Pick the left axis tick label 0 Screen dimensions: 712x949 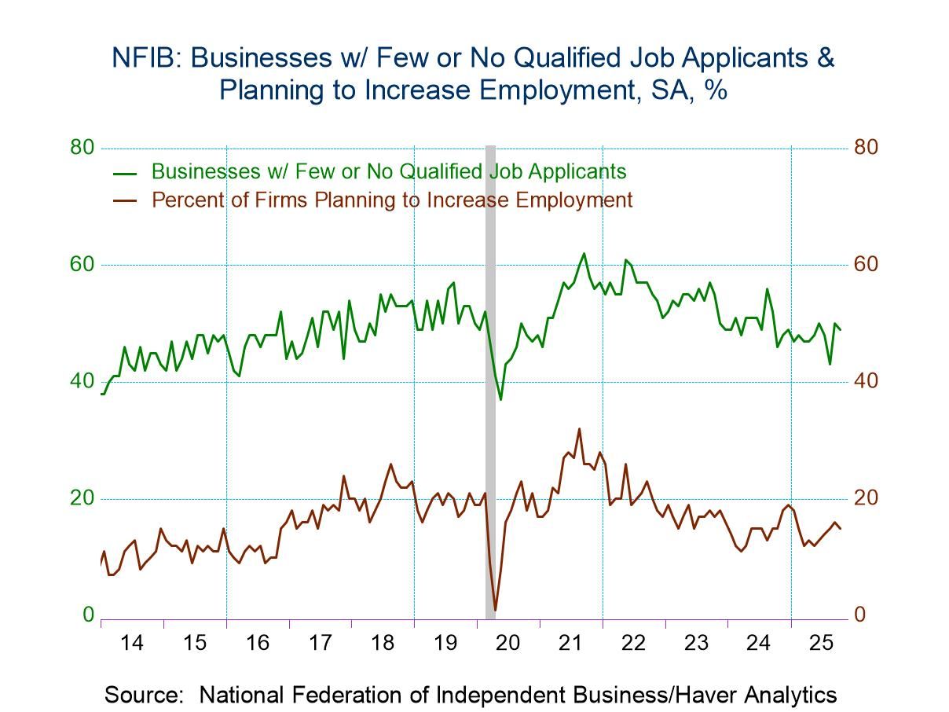88,615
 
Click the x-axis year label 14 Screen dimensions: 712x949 132,643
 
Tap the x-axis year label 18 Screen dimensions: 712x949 383,643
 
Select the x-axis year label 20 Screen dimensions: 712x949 508,643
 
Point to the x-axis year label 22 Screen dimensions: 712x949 633,643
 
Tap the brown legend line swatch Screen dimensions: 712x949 126,200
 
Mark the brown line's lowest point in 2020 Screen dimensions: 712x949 495,609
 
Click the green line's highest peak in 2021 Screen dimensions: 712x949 583,253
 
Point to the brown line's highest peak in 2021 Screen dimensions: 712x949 579,429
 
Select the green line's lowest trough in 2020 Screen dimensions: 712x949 500,399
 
